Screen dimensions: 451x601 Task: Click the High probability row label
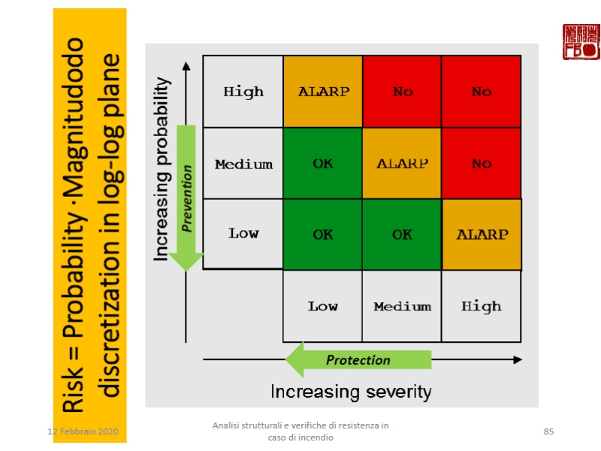[x=243, y=92]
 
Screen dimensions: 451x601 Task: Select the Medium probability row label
[x=243, y=164]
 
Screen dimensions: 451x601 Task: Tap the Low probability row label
[x=243, y=233]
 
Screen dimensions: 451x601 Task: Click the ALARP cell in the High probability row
[x=323, y=92]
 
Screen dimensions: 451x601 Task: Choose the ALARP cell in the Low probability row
[x=482, y=234]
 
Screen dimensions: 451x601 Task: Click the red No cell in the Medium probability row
[x=482, y=164]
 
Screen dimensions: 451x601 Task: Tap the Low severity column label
[x=323, y=306]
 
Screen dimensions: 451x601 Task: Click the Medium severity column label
[x=402, y=306]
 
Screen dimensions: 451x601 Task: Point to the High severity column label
[x=482, y=306]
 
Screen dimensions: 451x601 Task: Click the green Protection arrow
[x=359, y=360]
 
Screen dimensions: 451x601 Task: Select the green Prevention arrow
[x=186, y=195]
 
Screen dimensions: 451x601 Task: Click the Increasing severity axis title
[x=351, y=392]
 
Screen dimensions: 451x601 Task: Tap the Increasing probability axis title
[x=162, y=171]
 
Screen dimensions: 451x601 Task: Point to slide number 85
[x=548, y=431]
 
